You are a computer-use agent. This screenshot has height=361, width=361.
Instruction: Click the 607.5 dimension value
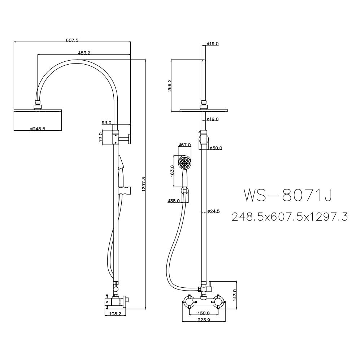point(72,40)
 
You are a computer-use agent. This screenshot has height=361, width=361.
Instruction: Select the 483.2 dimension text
point(84,53)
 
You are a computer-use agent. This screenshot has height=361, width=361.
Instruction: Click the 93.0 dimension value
point(106,123)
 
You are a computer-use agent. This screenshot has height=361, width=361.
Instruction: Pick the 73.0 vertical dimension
point(101,137)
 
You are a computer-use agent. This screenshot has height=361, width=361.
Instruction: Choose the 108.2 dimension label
point(115,314)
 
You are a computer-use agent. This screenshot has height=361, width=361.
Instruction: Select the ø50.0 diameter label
point(216,148)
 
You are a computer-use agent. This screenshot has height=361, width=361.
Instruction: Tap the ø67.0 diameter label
point(184,145)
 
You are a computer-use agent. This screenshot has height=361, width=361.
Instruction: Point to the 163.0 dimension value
point(173,171)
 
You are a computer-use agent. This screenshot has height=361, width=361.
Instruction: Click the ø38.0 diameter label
point(174,201)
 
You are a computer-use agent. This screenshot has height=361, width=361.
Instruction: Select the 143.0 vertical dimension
point(235,295)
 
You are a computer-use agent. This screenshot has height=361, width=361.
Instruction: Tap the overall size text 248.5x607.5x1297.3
point(290,216)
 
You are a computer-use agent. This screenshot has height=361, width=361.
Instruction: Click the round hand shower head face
point(185,163)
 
